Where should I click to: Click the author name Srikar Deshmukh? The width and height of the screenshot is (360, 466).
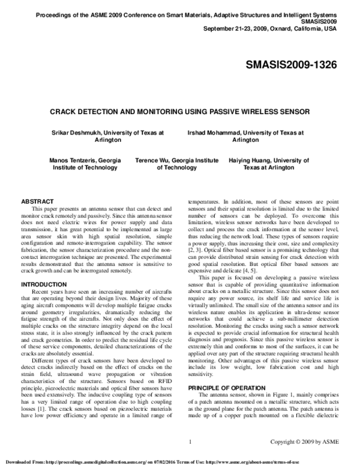pos(77,130)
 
